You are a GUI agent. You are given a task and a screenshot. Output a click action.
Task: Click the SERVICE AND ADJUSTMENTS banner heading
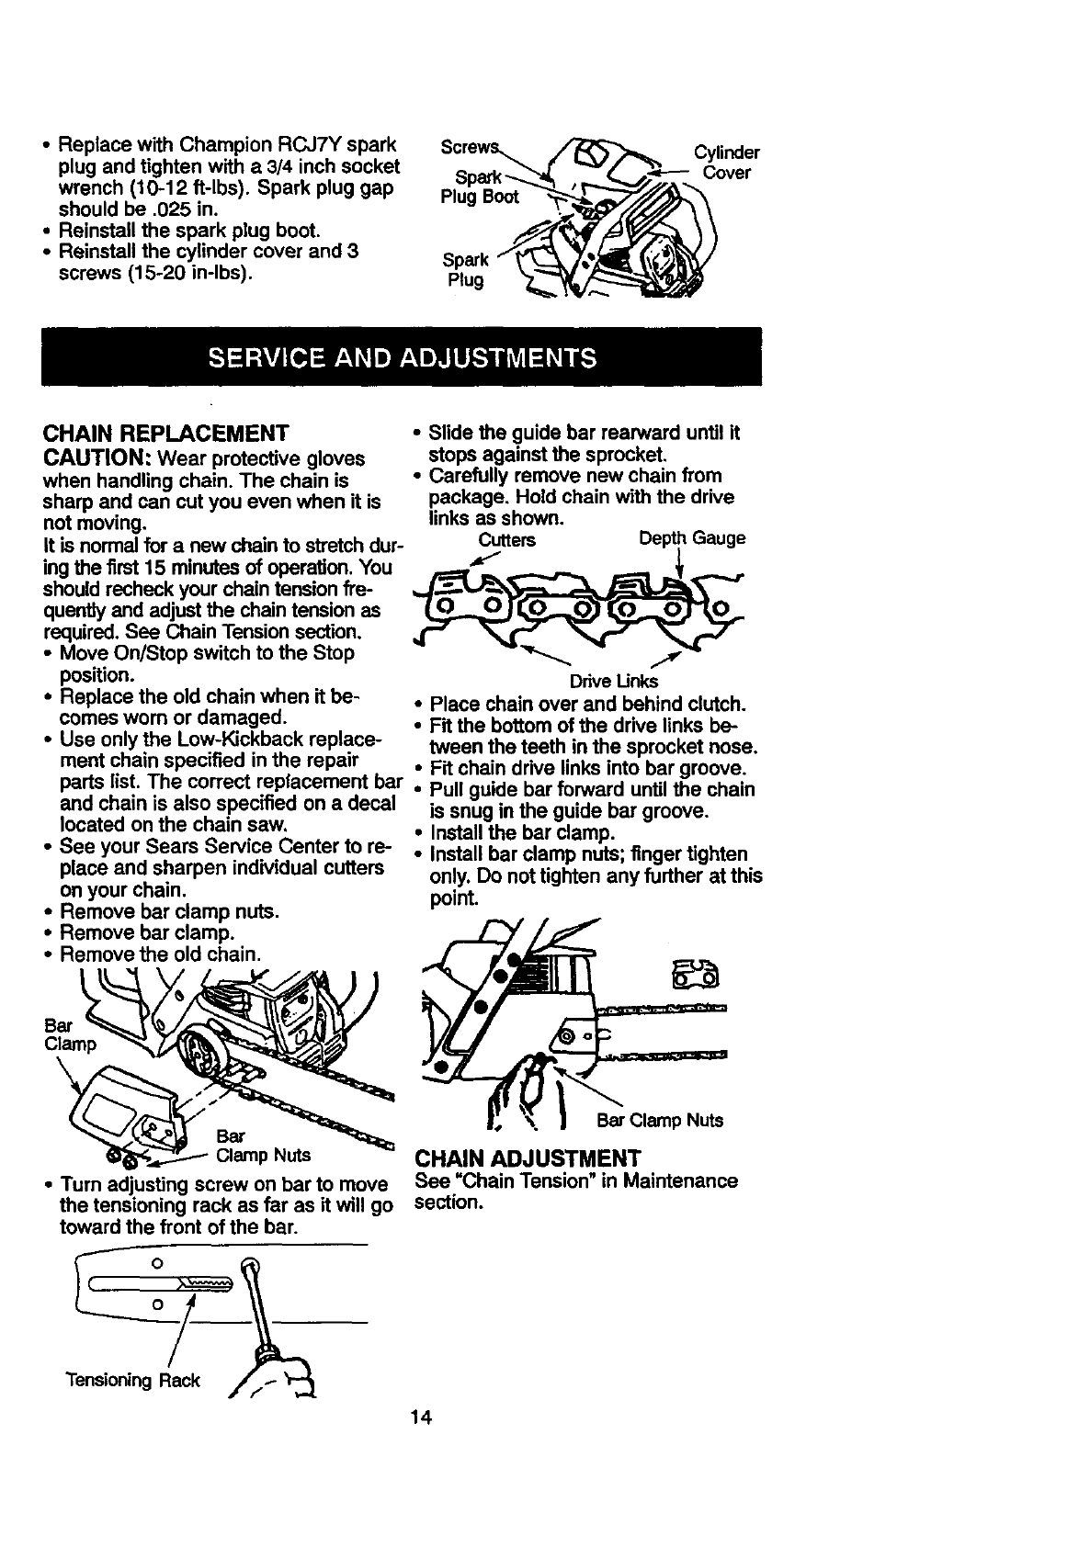pos(402,356)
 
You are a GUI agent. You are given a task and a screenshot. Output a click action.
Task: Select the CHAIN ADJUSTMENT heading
pos(527,1157)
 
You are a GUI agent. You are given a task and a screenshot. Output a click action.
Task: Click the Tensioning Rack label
pos(132,1381)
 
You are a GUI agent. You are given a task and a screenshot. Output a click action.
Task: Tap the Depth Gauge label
pos(691,538)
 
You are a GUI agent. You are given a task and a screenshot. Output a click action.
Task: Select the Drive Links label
pos(614,681)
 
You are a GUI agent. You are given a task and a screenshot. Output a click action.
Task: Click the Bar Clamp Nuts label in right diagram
pos(659,1120)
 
